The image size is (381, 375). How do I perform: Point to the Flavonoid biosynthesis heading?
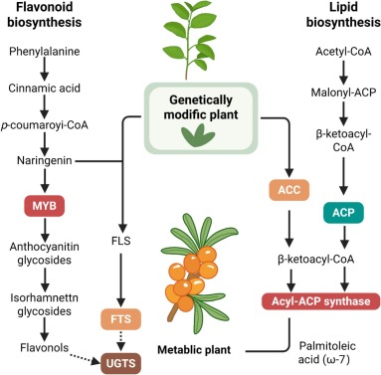[44, 18]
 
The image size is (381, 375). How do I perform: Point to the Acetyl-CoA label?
[333, 57]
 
